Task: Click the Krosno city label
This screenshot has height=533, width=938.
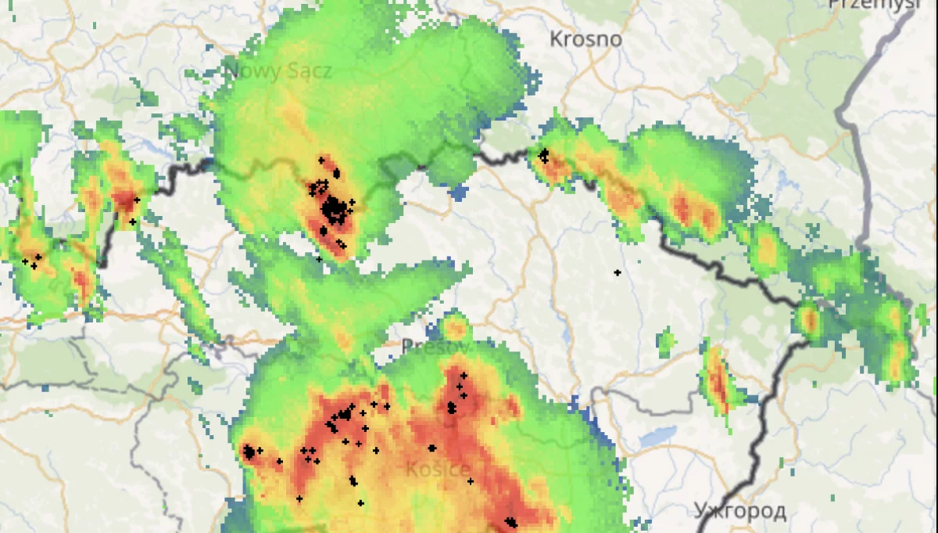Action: tap(585, 38)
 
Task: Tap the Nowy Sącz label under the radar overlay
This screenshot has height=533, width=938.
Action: tap(278, 71)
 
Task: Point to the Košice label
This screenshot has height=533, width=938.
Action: tap(439, 470)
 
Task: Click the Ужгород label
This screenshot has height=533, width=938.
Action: tap(739, 511)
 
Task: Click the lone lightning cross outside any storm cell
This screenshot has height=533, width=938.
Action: tap(617, 272)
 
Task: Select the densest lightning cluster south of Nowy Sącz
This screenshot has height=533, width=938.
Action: tap(334, 208)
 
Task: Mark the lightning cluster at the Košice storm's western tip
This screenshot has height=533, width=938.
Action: tap(249, 452)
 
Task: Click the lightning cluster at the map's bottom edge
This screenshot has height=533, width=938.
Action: tap(510, 521)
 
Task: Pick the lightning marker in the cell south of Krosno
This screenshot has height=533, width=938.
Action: tap(544, 155)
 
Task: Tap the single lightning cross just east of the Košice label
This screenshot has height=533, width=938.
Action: tap(470, 481)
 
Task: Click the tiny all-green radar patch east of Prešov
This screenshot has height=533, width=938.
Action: tap(666, 342)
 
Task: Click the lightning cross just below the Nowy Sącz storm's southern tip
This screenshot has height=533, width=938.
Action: tap(319, 258)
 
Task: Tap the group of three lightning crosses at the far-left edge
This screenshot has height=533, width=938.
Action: tap(33, 261)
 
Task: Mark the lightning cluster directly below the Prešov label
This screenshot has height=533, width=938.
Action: tap(452, 406)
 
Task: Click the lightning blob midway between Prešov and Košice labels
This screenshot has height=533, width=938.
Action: tap(431, 448)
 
